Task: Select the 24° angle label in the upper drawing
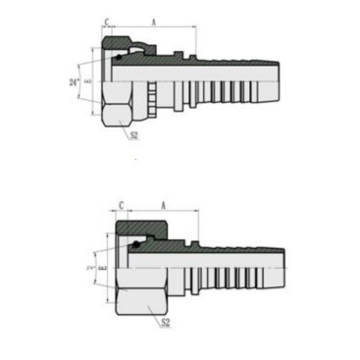tap(75, 82)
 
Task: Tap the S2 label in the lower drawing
tap(165, 321)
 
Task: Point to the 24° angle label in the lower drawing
tap(90, 267)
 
